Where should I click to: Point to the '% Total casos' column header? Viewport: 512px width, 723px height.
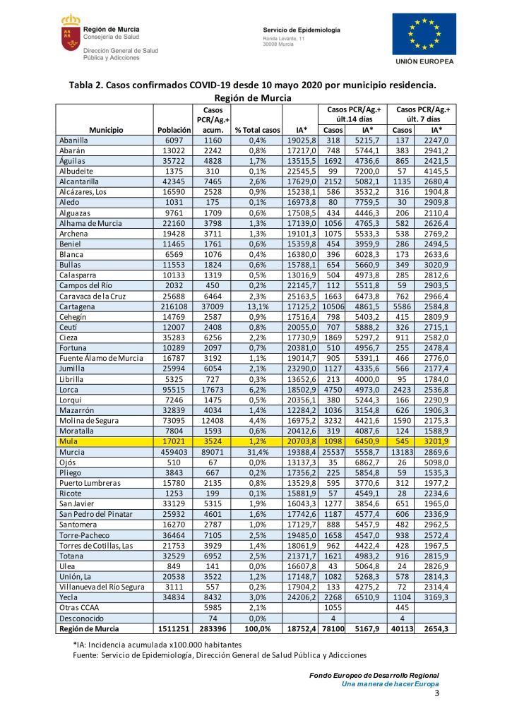[257, 130]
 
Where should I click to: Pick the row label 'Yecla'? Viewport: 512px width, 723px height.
[69, 597]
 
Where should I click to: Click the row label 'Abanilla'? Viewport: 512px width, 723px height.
[76, 140]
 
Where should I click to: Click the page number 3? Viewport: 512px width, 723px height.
[436, 694]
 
